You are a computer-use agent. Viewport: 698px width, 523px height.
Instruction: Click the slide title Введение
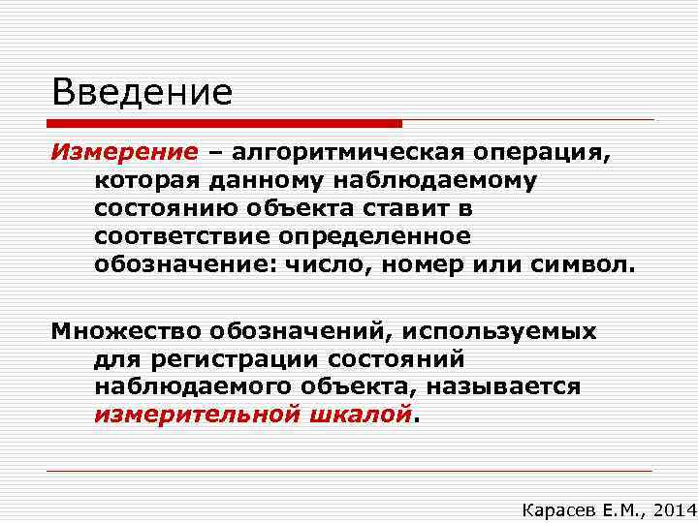143,93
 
